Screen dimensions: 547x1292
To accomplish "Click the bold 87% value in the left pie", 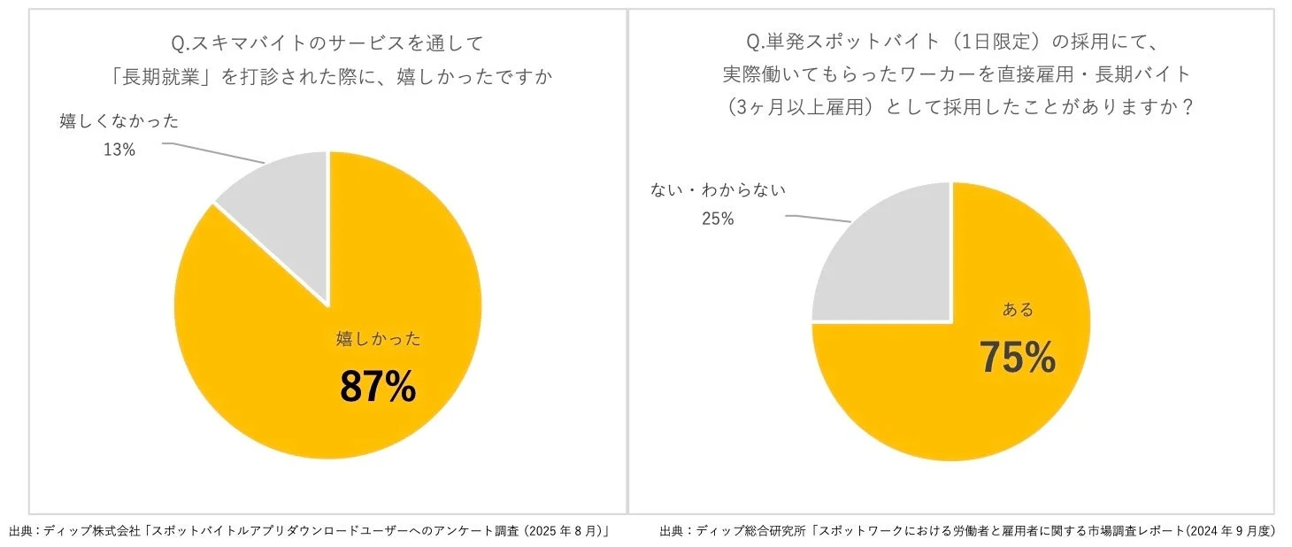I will (378, 387).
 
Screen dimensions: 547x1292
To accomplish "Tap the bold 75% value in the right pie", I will (1017, 358).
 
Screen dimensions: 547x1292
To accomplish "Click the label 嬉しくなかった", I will (119, 121).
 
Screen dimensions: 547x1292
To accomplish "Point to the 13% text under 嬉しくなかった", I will (119, 150).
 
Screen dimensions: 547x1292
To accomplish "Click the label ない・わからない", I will (718, 189).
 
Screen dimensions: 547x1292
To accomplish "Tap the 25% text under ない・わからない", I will (718, 218).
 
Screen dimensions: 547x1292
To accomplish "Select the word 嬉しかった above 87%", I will (378, 338).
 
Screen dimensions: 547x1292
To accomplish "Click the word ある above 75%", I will (1017, 310).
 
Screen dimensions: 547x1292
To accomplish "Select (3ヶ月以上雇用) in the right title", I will (790, 105).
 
